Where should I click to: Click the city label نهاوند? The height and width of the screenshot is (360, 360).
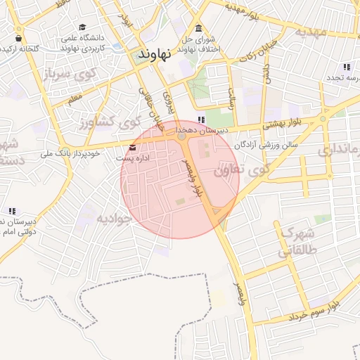point(155,54)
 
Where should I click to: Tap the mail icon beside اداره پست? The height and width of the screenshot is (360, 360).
point(133,147)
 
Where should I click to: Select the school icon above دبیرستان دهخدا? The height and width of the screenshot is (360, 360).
point(202,120)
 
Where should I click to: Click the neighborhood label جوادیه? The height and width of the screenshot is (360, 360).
point(114,218)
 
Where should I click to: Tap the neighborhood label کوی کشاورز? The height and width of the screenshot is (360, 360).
point(106,124)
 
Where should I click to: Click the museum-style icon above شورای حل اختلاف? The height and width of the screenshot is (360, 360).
point(199,28)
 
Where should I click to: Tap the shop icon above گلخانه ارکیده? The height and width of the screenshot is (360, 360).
point(18,37)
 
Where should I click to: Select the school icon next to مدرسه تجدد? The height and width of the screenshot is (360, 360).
point(347,67)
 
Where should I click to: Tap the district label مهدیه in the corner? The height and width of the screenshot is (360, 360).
point(311,32)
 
